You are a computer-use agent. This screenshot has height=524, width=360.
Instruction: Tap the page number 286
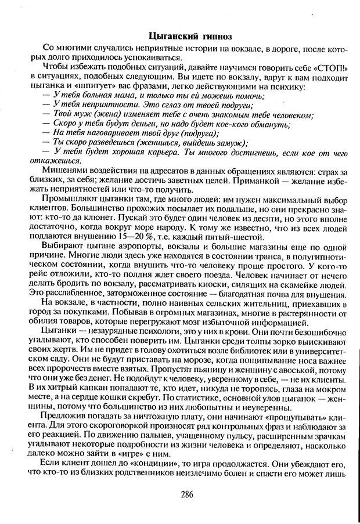pos(186,494)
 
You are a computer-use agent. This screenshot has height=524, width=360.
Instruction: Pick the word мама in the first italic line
pos(117,95)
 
